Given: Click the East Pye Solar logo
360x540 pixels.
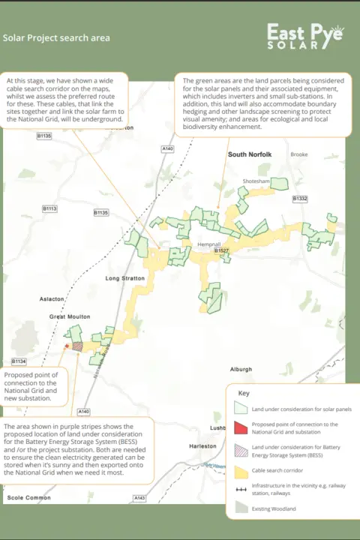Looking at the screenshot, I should click(306, 36).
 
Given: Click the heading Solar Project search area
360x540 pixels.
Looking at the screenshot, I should click(56, 37).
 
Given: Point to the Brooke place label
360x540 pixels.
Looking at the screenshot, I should click(299, 154).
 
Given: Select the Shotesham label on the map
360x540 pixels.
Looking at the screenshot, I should click(256, 181).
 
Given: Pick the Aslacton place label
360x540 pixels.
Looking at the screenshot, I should click(52, 298).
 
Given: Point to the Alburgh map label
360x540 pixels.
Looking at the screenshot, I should click(241, 369).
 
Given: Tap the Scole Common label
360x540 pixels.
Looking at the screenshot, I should click(30, 497).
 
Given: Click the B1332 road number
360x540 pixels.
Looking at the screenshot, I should click(299, 198).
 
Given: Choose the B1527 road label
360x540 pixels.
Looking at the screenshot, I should click(220, 250).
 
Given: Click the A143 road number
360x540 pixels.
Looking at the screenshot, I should click(139, 498).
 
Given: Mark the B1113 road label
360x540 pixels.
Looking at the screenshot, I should click(49, 208).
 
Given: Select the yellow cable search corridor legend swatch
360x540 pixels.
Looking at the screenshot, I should click(241, 469).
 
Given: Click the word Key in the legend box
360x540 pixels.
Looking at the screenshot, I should click(243, 393).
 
